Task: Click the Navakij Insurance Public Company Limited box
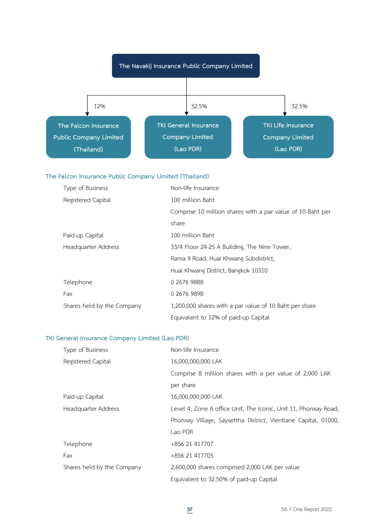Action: [186, 66]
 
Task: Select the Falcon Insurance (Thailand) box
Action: [88, 137]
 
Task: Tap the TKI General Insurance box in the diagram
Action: [188, 137]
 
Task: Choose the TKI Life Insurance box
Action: [288, 137]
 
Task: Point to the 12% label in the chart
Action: [100, 106]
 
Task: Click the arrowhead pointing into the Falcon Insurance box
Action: [87, 114]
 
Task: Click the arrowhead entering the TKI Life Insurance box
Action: [285, 114]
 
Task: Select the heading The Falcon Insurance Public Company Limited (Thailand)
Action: [127, 176]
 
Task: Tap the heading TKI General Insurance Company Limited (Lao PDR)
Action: [117, 338]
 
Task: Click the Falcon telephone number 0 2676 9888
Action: [187, 282]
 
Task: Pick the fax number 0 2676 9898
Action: [187, 294]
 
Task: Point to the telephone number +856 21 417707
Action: [192, 444]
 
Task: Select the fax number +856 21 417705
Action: [192, 455]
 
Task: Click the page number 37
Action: [190, 509]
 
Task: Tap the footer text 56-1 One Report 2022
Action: [306, 509]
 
